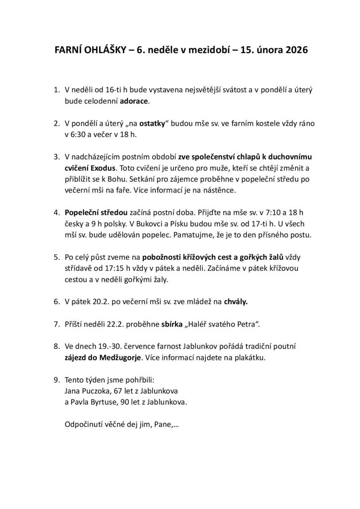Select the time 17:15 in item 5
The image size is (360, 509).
click(118, 268)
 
